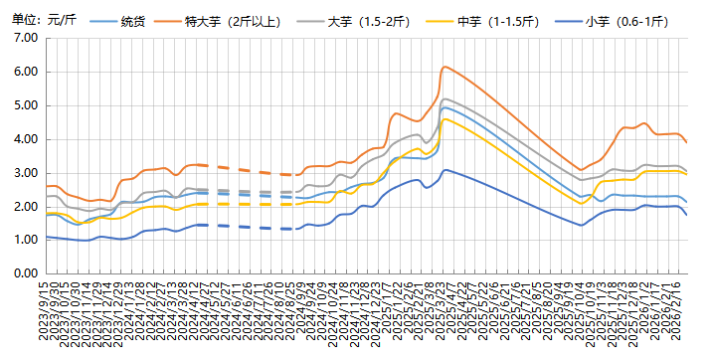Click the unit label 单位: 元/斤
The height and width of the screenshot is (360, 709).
pos(39,20)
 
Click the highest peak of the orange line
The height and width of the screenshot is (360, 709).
pos(444,67)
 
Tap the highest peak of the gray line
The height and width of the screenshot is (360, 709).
pos(444,98)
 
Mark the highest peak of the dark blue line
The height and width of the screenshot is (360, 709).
pos(445,170)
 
